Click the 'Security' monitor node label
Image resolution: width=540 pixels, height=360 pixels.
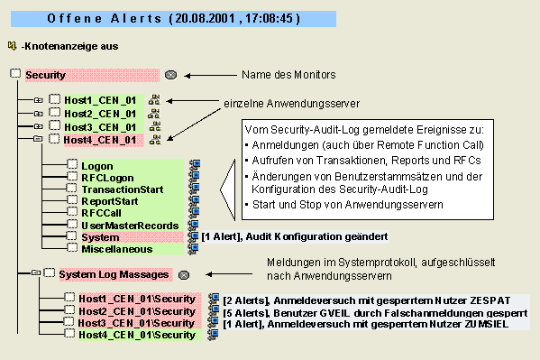point(45,75)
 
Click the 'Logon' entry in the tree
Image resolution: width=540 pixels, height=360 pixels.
point(97,167)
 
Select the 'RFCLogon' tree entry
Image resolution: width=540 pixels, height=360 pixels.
point(103,179)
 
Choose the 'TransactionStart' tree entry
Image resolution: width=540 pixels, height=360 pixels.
point(117,190)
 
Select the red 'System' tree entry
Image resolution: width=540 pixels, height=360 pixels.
point(98,236)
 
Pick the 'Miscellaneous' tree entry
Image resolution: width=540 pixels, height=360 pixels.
point(116,248)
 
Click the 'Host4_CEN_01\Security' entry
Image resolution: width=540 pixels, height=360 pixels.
point(136,335)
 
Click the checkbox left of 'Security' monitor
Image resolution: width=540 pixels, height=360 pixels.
point(14,75)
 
